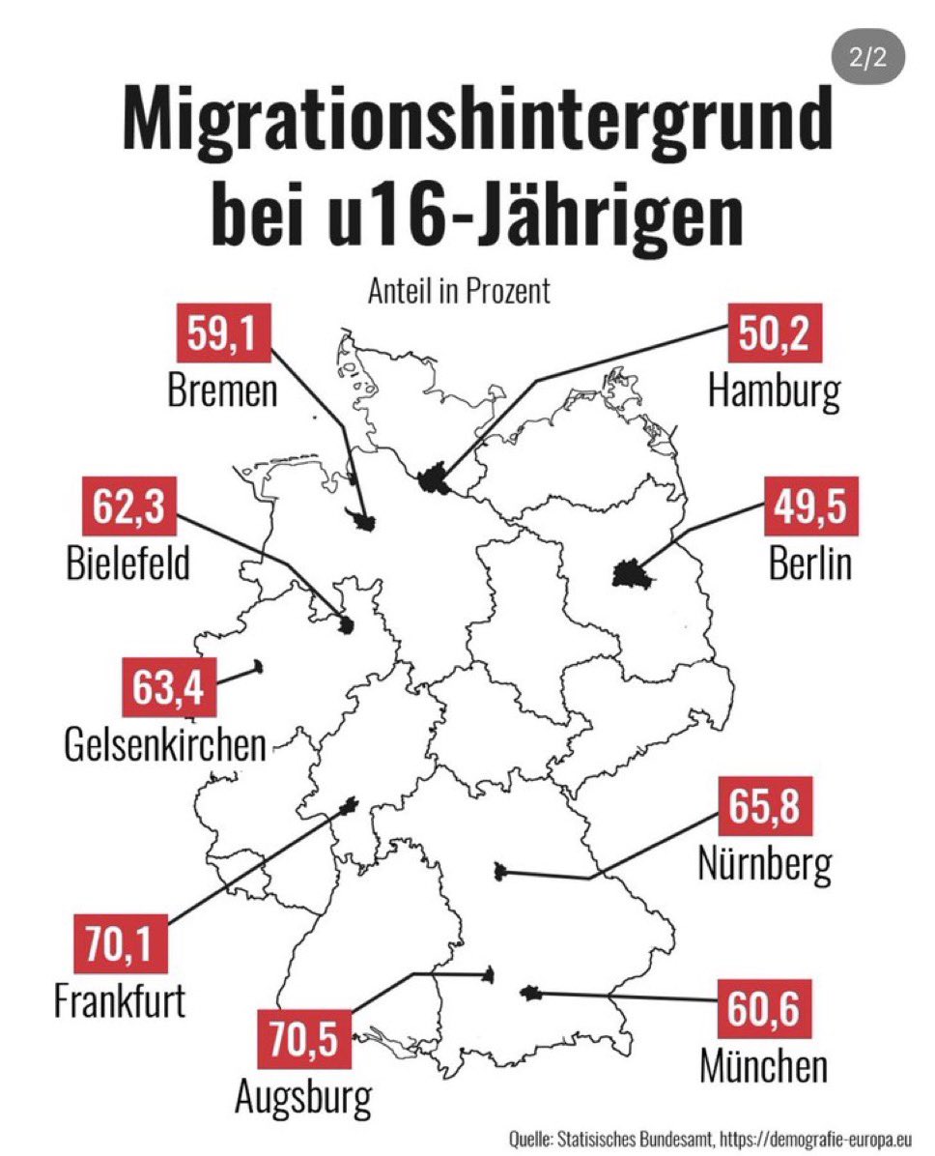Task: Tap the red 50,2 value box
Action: pyautogui.click(x=775, y=335)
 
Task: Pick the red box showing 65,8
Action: pyautogui.click(x=765, y=808)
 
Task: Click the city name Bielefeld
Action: pyautogui.click(x=128, y=563)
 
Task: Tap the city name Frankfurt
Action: pyautogui.click(x=120, y=999)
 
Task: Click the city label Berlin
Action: pyautogui.click(x=809, y=563)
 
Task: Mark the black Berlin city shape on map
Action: pyautogui.click(x=629, y=574)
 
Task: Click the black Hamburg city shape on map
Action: pyautogui.click(x=436, y=478)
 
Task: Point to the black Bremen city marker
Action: pyautogui.click(x=364, y=522)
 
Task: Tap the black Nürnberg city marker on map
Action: pyautogui.click(x=498, y=872)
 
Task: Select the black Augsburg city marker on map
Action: pyautogui.click(x=490, y=974)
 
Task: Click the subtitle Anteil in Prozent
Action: pyautogui.click(x=459, y=291)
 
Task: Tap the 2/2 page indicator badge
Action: pyautogui.click(x=866, y=58)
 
